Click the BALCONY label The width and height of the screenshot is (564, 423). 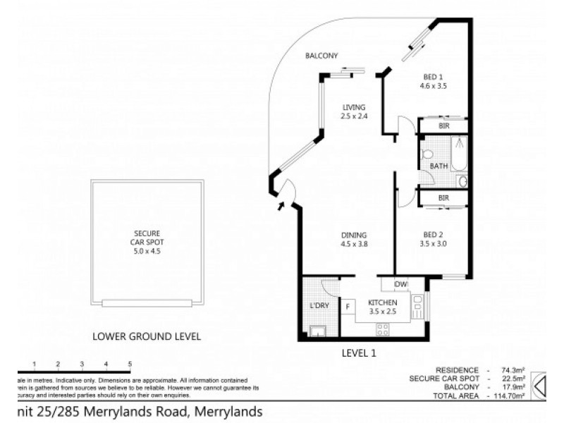[322, 56]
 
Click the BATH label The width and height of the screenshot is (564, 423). [439, 166]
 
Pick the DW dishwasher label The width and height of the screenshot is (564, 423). [401, 284]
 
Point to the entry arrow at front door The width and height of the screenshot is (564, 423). [282, 206]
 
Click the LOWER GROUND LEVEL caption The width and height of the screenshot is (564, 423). [147, 336]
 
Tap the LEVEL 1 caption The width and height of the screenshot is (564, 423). [360, 353]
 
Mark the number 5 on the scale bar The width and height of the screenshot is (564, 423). [130, 364]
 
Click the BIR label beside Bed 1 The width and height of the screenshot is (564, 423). [444, 125]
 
